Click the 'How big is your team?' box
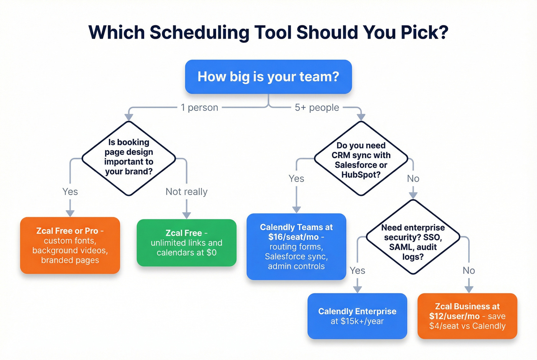click(x=268, y=77)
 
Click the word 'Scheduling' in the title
click(x=199, y=32)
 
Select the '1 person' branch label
click(x=199, y=108)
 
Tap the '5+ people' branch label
click(x=317, y=108)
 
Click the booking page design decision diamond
click(x=129, y=158)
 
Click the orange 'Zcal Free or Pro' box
click(x=70, y=245)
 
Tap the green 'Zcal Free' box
click(x=186, y=243)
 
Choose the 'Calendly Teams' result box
click(x=296, y=247)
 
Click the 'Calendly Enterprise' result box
click(x=357, y=316)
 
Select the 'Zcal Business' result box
click(x=467, y=316)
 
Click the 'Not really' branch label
click(x=186, y=192)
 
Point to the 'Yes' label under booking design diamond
click(x=70, y=192)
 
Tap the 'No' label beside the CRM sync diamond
click(x=413, y=179)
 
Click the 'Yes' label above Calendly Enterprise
click(x=357, y=271)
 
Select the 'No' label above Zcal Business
click(x=469, y=271)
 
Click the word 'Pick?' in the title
click(x=424, y=32)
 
